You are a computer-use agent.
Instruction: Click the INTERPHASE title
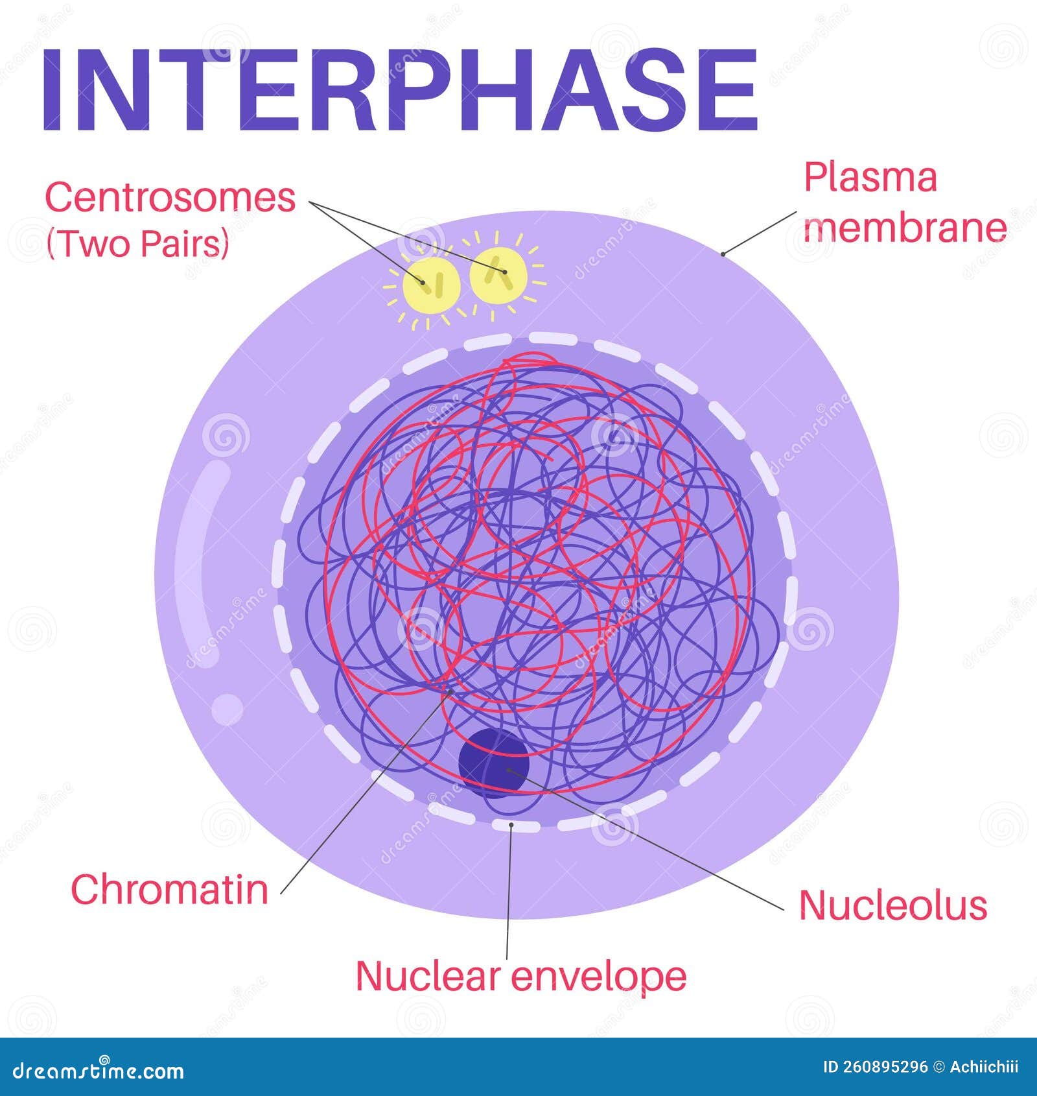[399, 91]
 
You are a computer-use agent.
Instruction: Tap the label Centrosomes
[170, 198]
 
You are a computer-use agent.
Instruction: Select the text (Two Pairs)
[137, 244]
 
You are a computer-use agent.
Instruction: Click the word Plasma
[870, 177]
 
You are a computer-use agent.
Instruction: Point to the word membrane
[905, 228]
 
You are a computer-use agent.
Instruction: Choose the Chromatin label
[169, 889]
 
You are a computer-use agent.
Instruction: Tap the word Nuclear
[428, 975]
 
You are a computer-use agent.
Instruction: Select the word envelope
[599, 977]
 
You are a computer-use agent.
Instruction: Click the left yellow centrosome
[431, 283]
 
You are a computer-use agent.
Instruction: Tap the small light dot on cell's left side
[227, 709]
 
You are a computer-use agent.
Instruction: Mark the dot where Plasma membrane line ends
[723, 254]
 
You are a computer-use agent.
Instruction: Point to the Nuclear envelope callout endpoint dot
[511, 825]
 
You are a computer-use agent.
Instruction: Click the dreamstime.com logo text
[99, 1070]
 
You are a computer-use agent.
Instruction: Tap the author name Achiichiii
[984, 1067]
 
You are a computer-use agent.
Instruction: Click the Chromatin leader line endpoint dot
[450, 692]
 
